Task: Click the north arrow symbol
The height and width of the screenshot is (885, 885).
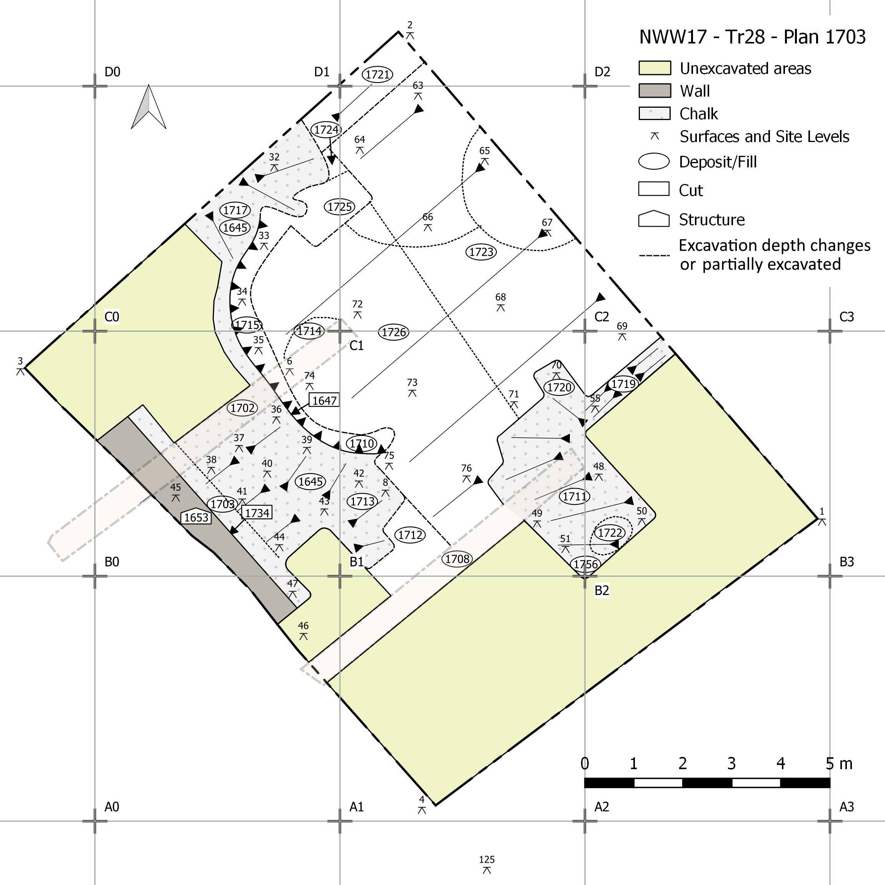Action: (x=149, y=107)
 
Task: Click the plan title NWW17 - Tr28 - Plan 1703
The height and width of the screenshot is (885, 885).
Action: (x=752, y=37)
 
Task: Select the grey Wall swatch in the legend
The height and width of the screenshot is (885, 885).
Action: (x=655, y=91)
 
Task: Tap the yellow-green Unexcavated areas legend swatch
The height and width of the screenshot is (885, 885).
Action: (x=655, y=68)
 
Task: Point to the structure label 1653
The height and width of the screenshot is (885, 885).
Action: (x=196, y=517)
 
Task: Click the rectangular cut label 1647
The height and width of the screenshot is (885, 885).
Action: (x=324, y=400)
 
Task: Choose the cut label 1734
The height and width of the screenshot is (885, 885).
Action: (x=257, y=513)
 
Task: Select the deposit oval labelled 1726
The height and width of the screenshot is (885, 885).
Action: (x=394, y=332)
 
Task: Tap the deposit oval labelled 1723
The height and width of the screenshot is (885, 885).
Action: (x=481, y=252)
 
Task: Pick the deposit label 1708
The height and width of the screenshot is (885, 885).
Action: (x=458, y=558)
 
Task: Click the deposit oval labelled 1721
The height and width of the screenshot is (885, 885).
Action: (x=378, y=74)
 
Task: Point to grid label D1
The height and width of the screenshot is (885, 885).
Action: (x=322, y=72)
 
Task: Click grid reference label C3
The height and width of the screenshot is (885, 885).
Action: (x=847, y=317)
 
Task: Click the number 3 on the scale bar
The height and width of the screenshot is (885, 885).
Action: (x=731, y=764)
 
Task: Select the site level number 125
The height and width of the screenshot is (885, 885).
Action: (x=487, y=859)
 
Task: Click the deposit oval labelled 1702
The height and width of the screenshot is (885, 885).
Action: (x=242, y=408)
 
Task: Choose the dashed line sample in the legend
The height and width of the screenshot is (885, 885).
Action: (x=655, y=255)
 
